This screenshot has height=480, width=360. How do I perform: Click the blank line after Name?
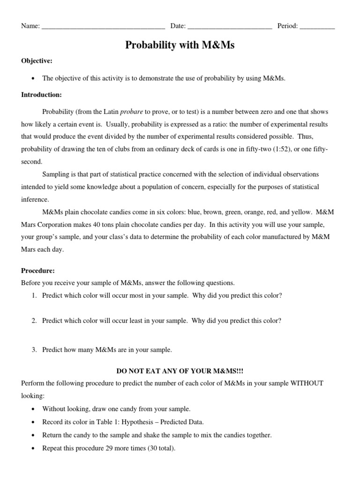point(103,27)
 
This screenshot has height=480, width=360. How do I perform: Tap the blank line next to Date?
point(230,27)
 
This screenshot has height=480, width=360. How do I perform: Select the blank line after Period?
point(317,27)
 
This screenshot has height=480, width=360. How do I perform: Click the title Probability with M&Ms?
point(180,45)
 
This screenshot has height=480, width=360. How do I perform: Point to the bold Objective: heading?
point(37,61)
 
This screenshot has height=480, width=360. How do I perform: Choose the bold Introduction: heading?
point(41,95)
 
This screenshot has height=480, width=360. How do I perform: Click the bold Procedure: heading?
point(38,271)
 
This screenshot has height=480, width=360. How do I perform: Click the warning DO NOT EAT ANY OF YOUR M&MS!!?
point(180,371)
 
